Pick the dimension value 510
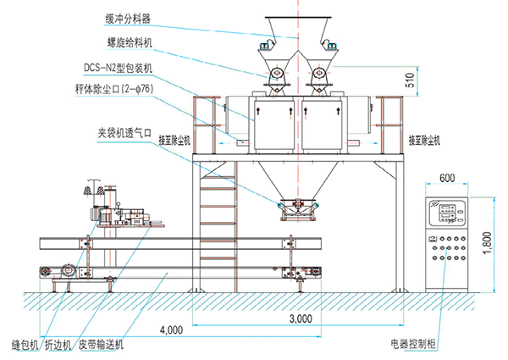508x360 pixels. point(410,81)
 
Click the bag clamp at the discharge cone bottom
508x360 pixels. point(297,205)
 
